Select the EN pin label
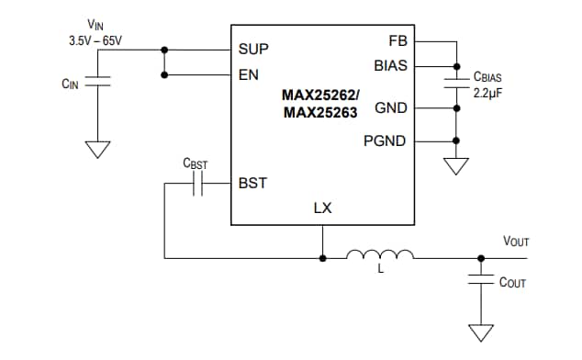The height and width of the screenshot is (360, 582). [249, 74]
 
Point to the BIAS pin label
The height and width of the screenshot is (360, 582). [391, 66]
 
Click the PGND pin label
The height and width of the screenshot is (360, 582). [386, 141]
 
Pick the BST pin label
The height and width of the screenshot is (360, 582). [252, 183]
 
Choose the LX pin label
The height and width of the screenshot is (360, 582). [322, 208]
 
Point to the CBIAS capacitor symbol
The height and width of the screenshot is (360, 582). [455, 84]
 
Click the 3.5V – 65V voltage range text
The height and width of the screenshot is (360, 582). [95, 41]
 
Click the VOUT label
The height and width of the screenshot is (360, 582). [516, 242]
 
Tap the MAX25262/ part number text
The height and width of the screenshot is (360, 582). [320, 94]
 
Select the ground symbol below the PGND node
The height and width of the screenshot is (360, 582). [455, 166]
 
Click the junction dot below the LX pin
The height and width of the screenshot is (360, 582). [322, 258]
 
